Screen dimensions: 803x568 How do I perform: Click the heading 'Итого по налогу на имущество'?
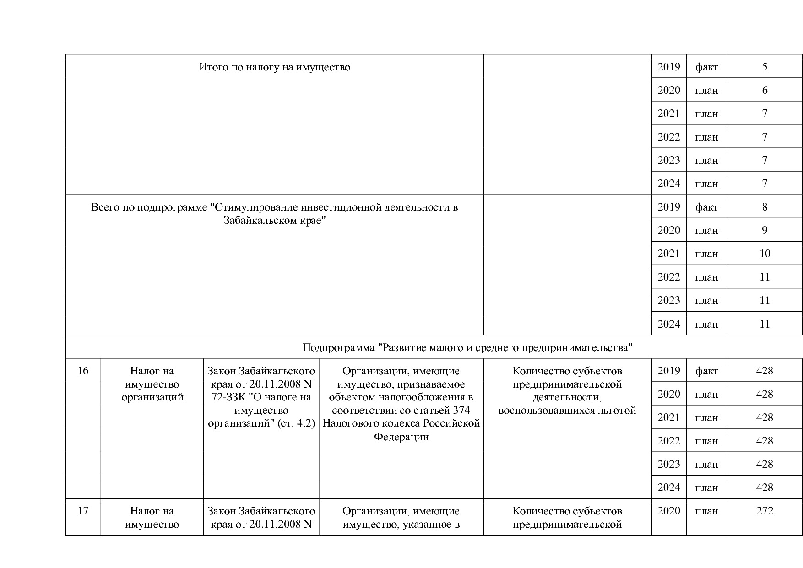(274, 67)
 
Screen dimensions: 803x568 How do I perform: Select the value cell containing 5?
(765, 67)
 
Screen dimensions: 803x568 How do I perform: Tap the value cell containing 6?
(765, 90)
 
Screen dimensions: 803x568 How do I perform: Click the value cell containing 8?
(765, 207)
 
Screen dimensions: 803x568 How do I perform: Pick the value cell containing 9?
(765, 230)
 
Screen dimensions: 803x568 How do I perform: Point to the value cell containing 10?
(765, 254)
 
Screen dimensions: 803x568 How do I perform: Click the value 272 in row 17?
(765, 511)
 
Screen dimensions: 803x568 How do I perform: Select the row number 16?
(83, 371)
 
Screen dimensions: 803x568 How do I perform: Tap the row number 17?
(83, 511)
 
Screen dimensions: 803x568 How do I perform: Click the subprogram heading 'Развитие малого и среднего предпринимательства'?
(467, 347)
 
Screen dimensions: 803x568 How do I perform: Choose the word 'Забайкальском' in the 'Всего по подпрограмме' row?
(257, 221)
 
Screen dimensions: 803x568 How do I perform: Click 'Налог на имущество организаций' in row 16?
(152, 384)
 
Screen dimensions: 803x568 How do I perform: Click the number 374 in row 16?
(461, 410)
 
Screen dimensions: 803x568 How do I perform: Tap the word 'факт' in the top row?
(706, 67)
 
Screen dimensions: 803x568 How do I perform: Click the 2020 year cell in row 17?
(669, 511)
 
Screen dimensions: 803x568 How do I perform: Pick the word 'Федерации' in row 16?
(401, 437)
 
